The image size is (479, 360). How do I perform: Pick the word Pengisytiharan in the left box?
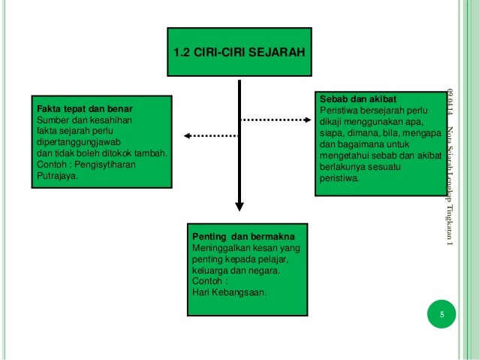(x=106, y=164)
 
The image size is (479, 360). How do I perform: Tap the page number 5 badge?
(x=442, y=316)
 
